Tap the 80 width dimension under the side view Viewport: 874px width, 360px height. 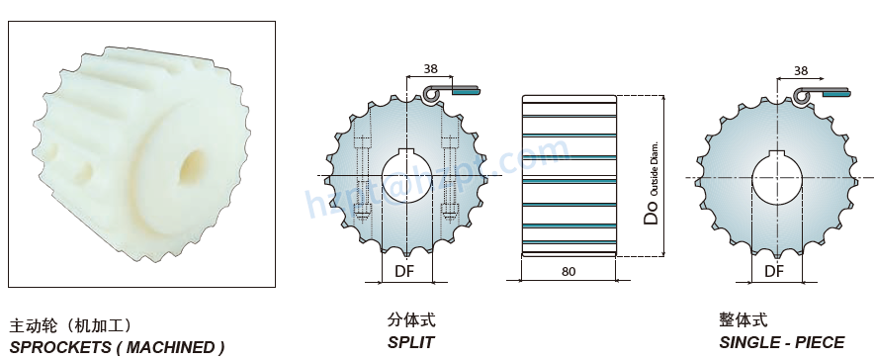[568, 270]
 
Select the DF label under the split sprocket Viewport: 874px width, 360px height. [404, 270]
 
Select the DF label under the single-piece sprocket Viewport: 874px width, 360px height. [774, 270]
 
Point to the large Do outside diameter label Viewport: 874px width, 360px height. [650, 212]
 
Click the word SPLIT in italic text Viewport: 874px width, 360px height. [410, 342]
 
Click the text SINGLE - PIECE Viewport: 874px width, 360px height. [781, 342]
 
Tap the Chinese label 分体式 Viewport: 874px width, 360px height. [411, 320]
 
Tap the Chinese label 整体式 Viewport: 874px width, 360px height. [743, 320]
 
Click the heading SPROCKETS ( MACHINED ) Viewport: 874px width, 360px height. [117, 347]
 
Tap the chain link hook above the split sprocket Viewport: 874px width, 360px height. [431, 93]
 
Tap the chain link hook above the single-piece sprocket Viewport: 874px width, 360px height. [802, 94]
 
